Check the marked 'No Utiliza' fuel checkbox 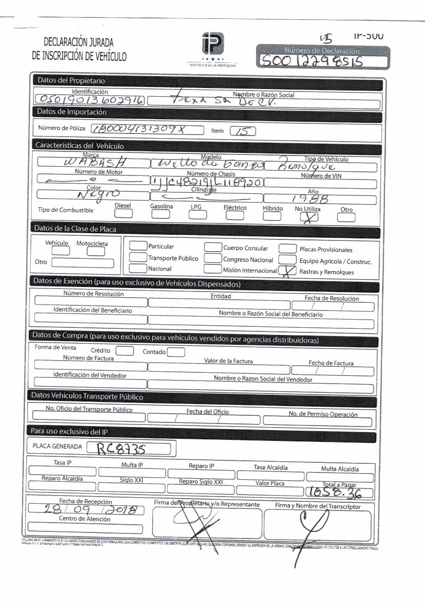[x=306, y=217]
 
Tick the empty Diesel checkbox [x=123, y=214]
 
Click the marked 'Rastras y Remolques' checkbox [x=289, y=271]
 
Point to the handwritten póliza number [x=147, y=129]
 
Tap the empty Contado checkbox [x=176, y=352]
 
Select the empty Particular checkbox [x=138, y=246]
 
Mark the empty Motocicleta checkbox [x=96, y=251]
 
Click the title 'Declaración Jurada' [x=79, y=42]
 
